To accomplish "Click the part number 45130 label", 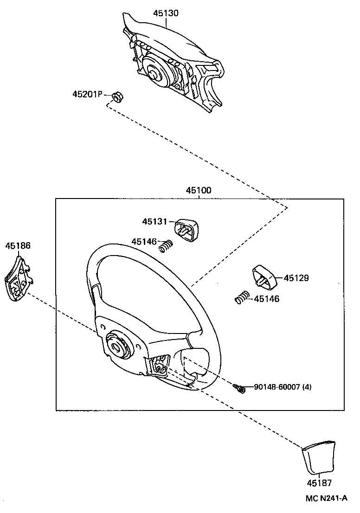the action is tap(166, 13).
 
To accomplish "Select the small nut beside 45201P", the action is tap(117, 96).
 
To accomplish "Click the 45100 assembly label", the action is tap(199, 190).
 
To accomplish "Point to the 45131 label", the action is tap(154, 222).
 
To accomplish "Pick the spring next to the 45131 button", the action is tap(165, 246).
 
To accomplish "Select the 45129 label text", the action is tap(296, 278).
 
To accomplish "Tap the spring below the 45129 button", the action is tap(243, 297).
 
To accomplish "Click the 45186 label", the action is tap(18, 245).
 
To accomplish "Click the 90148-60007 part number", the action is tap(277, 387).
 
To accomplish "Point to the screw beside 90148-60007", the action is tap(239, 388).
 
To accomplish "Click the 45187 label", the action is tap(319, 483).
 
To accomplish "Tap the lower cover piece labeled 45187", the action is tap(318, 457).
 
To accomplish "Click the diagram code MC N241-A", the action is tap(327, 498).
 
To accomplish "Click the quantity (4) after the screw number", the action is tap(307, 387).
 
